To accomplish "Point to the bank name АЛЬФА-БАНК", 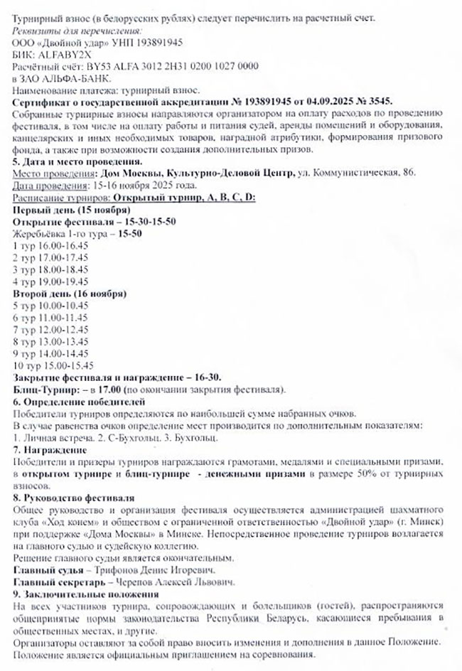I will point(67,77).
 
